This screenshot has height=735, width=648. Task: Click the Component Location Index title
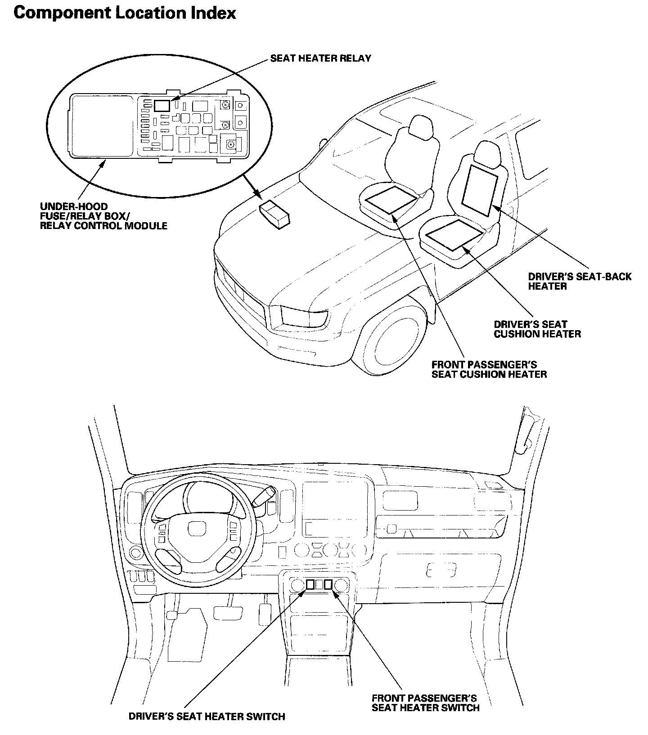(x=125, y=13)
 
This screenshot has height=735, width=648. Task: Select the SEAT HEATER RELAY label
(x=320, y=58)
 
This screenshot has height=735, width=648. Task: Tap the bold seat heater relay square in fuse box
(x=162, y=106)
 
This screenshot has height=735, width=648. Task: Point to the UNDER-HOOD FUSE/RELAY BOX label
(x=103, y=216)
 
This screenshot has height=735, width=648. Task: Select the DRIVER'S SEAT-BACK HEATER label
(x=580, y=281)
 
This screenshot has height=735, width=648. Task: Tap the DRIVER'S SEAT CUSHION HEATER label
(x=537, y=329)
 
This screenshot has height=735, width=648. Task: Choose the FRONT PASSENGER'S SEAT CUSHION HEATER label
(x=489, y=369)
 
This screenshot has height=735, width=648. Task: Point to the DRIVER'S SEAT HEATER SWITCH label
(x=207, y=717)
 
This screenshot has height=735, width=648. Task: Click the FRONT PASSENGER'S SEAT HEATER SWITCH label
(x=425, y=703)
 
